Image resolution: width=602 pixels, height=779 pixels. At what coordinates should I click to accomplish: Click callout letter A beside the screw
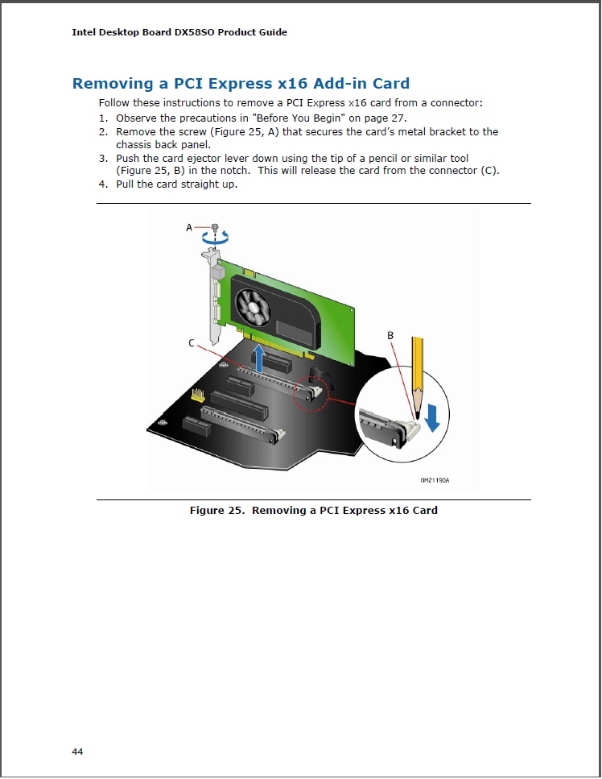click(x=190, y=228)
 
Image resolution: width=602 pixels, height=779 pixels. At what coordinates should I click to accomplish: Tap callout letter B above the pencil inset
click(x=390, y=334)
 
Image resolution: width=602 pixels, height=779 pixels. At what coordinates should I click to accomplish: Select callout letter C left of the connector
click(x=192, y=343)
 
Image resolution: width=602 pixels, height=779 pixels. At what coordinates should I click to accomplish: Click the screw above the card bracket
click(x=214, y=228)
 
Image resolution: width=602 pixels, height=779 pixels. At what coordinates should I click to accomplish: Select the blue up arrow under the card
click(x=258, y=358)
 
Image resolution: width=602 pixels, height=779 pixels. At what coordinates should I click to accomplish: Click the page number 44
click(x=77, y=752)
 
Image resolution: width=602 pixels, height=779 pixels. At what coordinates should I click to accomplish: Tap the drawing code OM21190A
click(x=434, y=480)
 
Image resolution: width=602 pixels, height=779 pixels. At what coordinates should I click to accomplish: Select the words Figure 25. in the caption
click(x=216, y=510)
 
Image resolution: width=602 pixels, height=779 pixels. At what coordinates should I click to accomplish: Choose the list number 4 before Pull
click(x=103, y=184)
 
